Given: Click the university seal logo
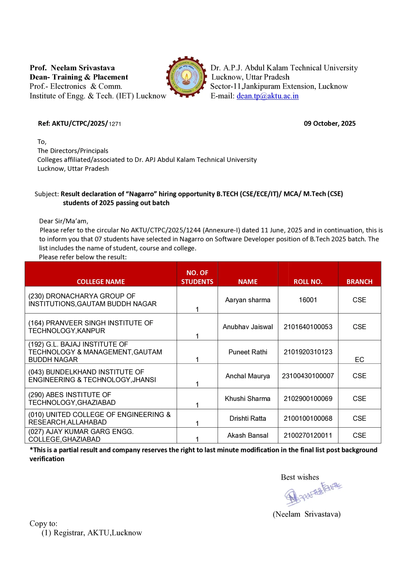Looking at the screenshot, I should coord(186,77).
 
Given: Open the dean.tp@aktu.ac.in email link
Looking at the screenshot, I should coord(267,96).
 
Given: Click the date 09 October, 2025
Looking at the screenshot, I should coord(329,123).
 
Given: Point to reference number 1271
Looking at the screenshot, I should coord(115,124).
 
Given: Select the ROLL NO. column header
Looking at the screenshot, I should coord(308,281).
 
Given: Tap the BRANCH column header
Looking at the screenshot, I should coord(359,281).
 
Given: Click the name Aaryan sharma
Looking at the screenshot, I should coord(247,300).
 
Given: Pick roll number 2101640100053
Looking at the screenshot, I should coord(308,327).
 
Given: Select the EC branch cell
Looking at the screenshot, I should coord(359,359).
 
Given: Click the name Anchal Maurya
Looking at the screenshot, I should coord(247,376).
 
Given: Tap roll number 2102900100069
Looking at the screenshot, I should coord(308,399).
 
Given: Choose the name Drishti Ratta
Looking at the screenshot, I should coord(247,418).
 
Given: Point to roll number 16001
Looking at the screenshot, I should coord(308,300).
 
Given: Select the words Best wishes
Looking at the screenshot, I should coord(300,477).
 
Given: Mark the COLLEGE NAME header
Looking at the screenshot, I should coord(101,281).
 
